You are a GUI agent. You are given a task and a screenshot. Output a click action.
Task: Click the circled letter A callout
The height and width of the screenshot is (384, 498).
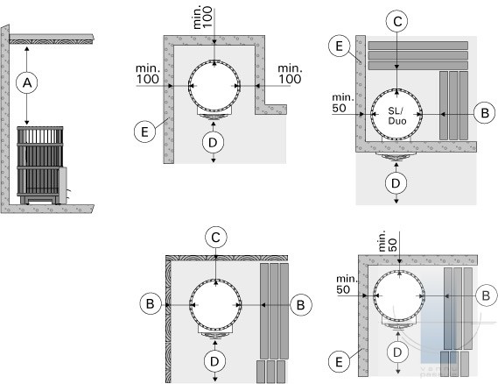pyautogui.click(x=27, y=82)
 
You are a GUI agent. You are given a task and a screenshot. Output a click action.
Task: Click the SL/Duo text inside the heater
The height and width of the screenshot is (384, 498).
pyautogui.click(x=396, y=116)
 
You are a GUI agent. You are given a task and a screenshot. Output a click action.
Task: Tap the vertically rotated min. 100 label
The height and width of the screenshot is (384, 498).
pyautogui.click(x=202, y=18)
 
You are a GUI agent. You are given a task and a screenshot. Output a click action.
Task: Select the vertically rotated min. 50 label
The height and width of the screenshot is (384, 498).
pyautogui.click(x=388, y=241)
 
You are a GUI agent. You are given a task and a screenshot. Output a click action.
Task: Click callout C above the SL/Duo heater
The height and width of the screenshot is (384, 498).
pyautogui.click(x=397, y=21)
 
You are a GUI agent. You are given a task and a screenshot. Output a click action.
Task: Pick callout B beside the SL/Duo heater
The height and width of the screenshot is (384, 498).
pyautogui.click(x=484, y=113)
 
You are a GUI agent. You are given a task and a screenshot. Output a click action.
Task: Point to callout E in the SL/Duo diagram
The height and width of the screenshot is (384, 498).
pyautogui.click(x=340, y=46)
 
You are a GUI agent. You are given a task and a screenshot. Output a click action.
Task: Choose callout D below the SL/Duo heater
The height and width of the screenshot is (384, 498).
pyautogui.click(x=396, y=183)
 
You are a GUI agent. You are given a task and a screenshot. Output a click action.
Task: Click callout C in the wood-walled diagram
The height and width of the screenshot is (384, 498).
pyautogui.click(x=215, y=238)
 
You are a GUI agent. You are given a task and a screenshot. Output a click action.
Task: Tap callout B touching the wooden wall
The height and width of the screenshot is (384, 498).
pyautogui.click(x=151, y=304)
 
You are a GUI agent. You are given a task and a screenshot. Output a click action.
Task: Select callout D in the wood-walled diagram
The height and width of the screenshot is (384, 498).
pyautogui.click(x=215, y=361)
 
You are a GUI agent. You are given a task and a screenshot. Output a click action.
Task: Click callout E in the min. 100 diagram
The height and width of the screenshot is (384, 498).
pyautogui.click(x=144, y=132)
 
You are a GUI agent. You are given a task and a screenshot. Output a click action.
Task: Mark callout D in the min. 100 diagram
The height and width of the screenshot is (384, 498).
pyautogui.click(x=213, y=142)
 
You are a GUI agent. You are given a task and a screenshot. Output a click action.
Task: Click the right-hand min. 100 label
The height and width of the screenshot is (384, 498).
pyautogui.click(x=290, y=75)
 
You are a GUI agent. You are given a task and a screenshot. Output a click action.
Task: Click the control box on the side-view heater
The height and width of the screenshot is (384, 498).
pyautogui.click(x=63, y=185)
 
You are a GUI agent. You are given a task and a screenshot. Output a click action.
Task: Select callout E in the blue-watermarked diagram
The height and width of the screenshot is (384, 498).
pyautogui.click(x=339, y=362)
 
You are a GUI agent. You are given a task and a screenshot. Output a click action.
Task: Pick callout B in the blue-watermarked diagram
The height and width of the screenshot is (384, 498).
pyautogui.click(x=486, y=295)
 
